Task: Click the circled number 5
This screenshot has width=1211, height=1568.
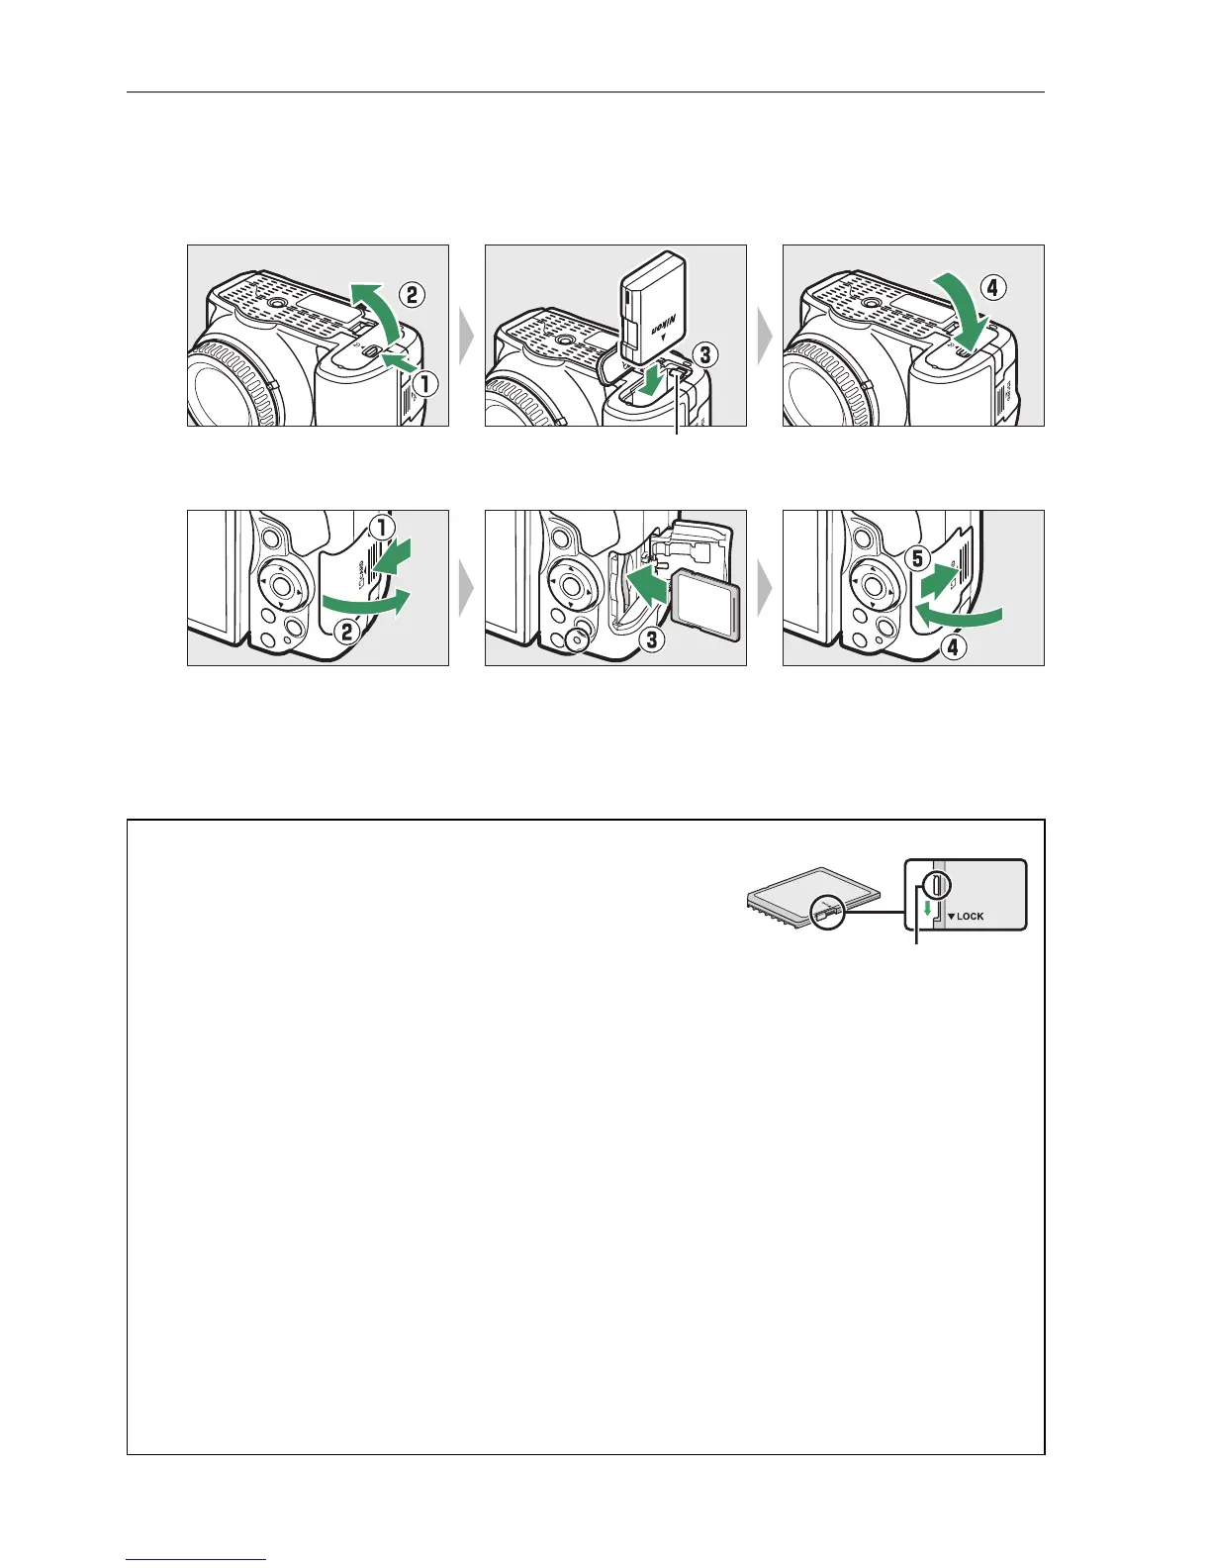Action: [x=917, y=557]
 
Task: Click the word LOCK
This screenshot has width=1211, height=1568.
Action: [x=971, y=916]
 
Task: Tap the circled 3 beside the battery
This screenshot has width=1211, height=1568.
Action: [x=704, y=354]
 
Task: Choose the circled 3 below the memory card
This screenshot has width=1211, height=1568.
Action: [x=652, y=639]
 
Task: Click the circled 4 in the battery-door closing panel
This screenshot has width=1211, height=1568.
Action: [x=992, y=288]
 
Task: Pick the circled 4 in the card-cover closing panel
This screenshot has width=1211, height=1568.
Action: [x=953, y=647]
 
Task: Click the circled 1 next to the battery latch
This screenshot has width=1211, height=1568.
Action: [x=425, y=384]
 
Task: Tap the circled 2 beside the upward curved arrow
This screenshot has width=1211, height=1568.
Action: [x=412, y=294]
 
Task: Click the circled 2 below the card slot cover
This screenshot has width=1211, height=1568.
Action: [x=346, y=633]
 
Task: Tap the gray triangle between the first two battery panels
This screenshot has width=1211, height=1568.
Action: [x=467, y=336]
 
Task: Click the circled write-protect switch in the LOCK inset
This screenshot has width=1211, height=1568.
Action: [x=937, y=884]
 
